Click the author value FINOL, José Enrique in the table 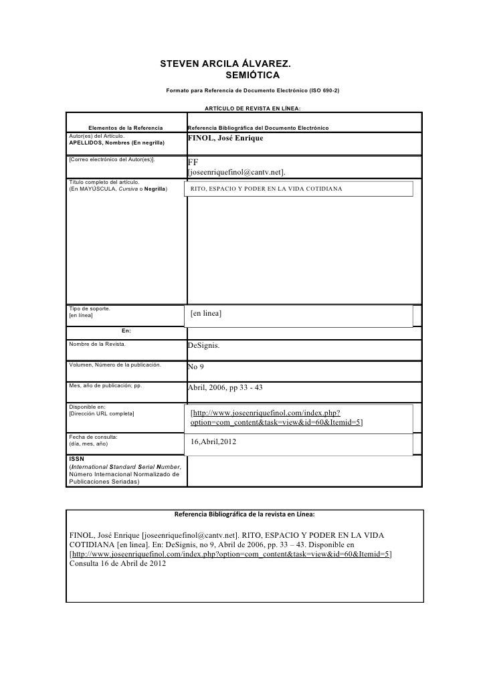point(225,138)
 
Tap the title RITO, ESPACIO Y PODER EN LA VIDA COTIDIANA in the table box point(266,189)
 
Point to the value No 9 point(196,367)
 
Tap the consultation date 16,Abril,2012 point(213,442)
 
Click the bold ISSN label point(76,459)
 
